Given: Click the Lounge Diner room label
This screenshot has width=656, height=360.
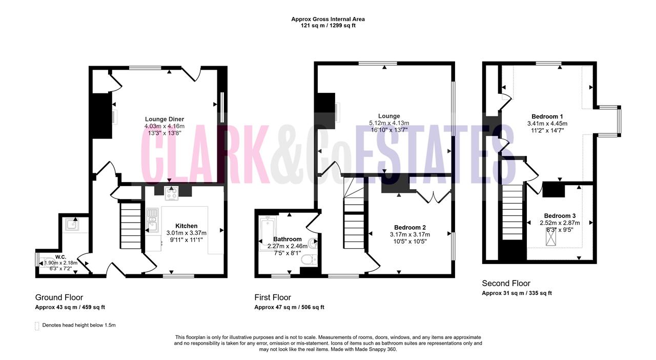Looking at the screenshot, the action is [165, 119].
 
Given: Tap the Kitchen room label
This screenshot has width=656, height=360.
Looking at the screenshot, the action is [186, 226].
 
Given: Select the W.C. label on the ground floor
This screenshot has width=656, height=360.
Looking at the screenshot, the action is [60, 257].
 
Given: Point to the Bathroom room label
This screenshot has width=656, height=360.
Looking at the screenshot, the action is [288, 239].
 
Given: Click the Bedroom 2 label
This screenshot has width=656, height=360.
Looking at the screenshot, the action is [409, 227].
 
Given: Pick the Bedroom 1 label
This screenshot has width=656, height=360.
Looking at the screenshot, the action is [547, 116].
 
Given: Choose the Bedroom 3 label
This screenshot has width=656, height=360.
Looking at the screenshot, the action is [560, 216].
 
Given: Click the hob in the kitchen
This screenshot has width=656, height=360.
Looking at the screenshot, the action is [172, 193].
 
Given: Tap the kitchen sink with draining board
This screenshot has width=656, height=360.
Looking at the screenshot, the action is [152, 220].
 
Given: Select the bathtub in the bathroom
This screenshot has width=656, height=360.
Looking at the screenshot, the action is [267, 234].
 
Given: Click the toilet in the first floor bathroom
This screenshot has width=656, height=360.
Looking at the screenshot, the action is [309, 259].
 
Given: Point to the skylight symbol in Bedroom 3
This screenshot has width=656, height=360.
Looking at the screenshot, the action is [551, 236].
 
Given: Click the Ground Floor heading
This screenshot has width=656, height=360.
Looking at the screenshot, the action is [59, 297].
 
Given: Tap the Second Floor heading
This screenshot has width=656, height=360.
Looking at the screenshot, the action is [506, 283].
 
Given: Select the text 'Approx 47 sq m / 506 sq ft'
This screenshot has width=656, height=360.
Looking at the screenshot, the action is [290, 307].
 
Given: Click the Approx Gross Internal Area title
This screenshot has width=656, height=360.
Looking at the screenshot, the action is [328, 19].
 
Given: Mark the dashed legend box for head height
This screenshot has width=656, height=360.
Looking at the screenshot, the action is [37, 326].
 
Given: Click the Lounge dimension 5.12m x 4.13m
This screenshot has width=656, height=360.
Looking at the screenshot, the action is [389, 123].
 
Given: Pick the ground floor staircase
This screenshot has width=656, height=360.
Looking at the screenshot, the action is [131, 226].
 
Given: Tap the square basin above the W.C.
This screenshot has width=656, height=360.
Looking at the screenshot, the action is [72, 225].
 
